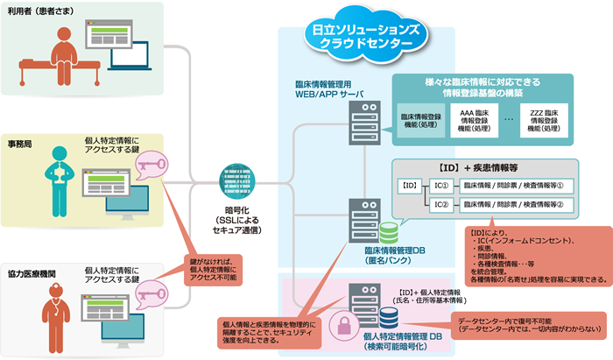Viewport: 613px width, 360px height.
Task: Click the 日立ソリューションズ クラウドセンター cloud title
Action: [x=366, y=36]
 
